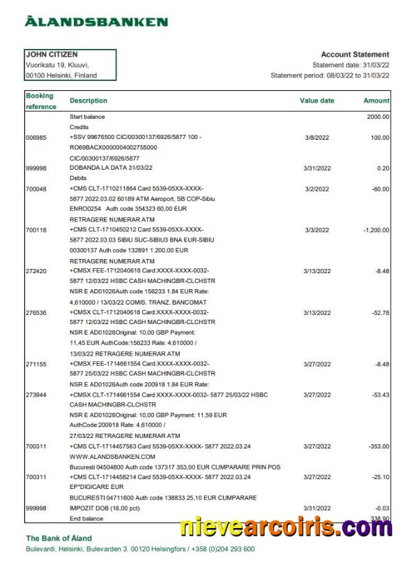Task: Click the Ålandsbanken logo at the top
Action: click(96, 22)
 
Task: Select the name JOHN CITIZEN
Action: click(52, 54)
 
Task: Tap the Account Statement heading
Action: click(355, 54)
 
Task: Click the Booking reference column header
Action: click(40, 101)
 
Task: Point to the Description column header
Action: click(89, 101)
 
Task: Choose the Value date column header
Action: click(317, 101)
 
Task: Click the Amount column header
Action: click(376, 101)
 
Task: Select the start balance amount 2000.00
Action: click(378, 117)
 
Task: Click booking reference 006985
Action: click(36, 138)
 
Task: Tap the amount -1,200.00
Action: click(374, 230)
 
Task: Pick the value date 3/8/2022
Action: click(317, 138)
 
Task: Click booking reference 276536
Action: click(36, 313)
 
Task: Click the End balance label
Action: click(86, 518)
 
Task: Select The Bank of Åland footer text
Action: click(59, 539)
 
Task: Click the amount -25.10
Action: click(379, 477)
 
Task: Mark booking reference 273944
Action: click(36, 395)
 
